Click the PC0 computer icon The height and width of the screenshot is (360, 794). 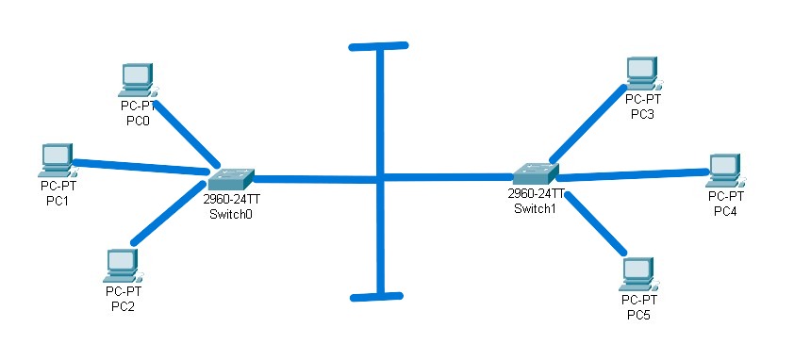pos(138,79)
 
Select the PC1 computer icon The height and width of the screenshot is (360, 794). pos(56,159)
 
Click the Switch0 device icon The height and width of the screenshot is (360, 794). pos(231,177)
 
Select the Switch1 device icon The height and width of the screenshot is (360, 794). pos(536,173)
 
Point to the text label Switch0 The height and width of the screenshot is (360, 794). pos(232,213)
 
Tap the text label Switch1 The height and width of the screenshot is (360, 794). pos(536,207)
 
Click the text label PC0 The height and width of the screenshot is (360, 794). pos(138,121)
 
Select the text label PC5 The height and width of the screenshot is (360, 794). pos(638,314)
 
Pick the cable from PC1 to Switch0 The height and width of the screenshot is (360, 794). pos(141,166)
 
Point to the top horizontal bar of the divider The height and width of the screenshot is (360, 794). pos(378,45)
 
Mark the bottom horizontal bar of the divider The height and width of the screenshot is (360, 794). pos(379,297)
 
